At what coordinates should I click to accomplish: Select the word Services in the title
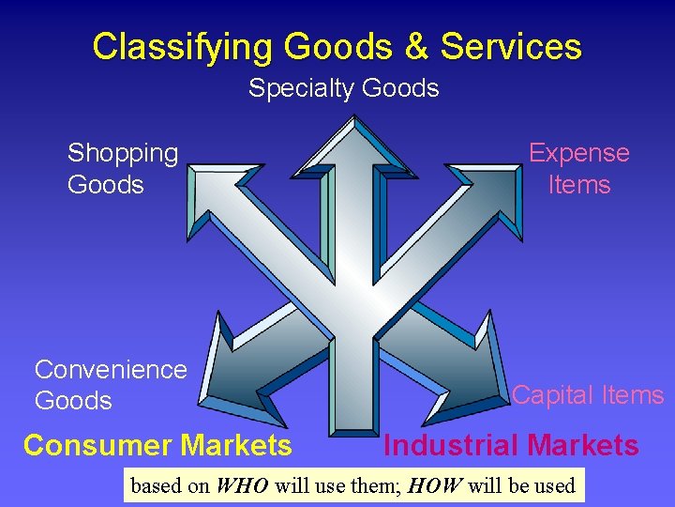click(510, 46)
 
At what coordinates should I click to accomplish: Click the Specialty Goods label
click(343, 89)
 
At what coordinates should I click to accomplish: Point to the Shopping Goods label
click(123, 168)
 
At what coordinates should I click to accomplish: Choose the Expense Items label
click(578, 168)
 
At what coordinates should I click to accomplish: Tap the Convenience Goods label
click(111, 385)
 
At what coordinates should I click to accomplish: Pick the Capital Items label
click(588, 395)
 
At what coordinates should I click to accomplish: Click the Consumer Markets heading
click(157, 445)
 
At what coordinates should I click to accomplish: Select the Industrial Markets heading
click(511, 445)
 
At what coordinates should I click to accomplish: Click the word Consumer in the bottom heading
click(94, 445)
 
